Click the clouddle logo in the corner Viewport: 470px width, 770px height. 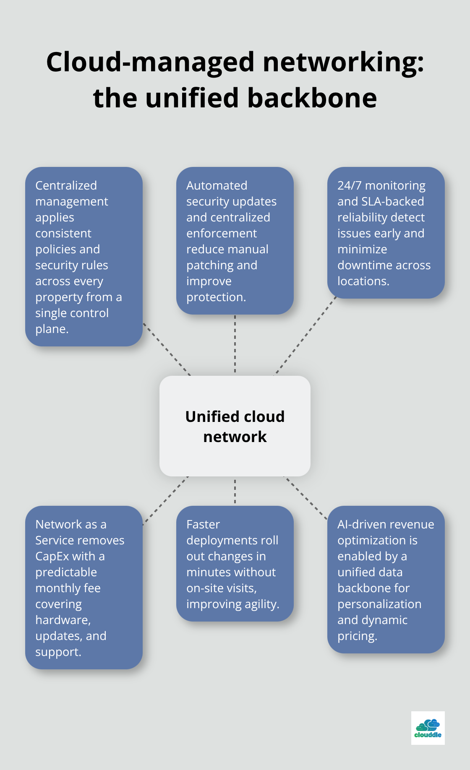tap(428, 728)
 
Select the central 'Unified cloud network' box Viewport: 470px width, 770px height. tap(235, 426)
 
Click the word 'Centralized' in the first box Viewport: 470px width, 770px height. tap(66, 185)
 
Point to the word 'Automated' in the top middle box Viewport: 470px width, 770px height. tap(217, 185)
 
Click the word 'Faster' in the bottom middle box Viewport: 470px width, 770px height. tap(203, 524)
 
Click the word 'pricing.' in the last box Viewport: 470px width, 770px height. tap(357, 636)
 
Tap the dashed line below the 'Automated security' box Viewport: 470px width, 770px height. tap(235, 344)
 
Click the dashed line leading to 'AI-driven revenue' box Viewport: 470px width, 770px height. tap(305, 498)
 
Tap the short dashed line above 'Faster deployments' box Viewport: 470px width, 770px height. tap(235, 491)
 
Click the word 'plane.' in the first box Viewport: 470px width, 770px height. tap(52, 329)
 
